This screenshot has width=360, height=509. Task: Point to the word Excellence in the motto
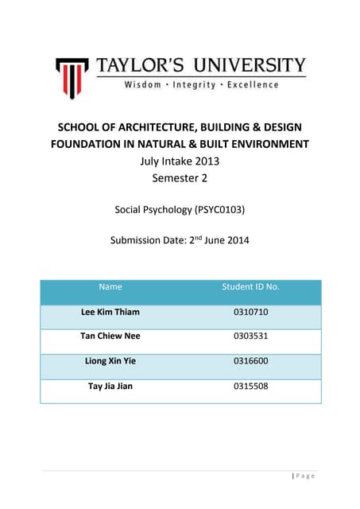[254, 85]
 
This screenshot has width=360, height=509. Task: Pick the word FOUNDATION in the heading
[88, 144]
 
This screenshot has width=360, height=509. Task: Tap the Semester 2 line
[179, 177]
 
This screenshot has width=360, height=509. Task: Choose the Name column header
[110, 286]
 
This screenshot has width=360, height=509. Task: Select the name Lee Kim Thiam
[110, 312]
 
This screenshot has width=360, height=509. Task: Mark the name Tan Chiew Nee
[110, 336]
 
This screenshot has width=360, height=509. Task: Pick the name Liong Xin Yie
[110, 361]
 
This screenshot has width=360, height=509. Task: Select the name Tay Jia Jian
[110, 387]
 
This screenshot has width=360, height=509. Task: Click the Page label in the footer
[305, 476]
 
